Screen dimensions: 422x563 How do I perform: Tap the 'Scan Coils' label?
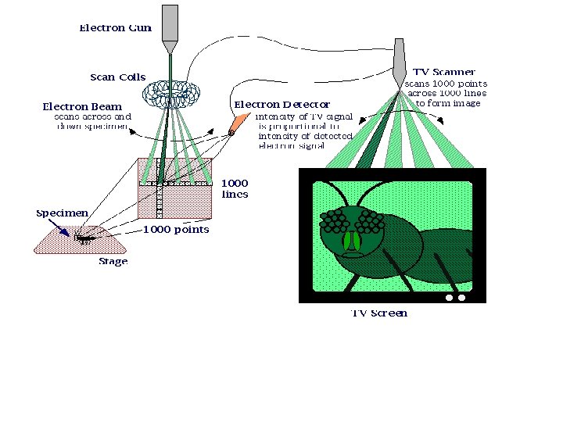(x=118, y=77)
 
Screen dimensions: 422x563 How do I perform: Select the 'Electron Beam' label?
(x=82, y=106)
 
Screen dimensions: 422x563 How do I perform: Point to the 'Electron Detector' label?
(x=282, y=104)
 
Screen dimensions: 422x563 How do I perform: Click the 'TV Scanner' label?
(x=443, y=72)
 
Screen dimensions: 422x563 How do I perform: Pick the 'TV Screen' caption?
(x=379, y=313)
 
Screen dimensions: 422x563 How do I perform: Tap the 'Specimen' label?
(x=62, y=213)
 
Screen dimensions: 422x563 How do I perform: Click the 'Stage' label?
(x=113, y=262)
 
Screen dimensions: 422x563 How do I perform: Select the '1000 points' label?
(x=176, y=230)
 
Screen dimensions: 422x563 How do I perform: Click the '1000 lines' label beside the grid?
(x=235, y=189)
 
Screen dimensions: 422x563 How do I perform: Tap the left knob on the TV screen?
(x=450, y=298)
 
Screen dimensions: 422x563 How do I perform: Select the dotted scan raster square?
(x=174, y=188)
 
